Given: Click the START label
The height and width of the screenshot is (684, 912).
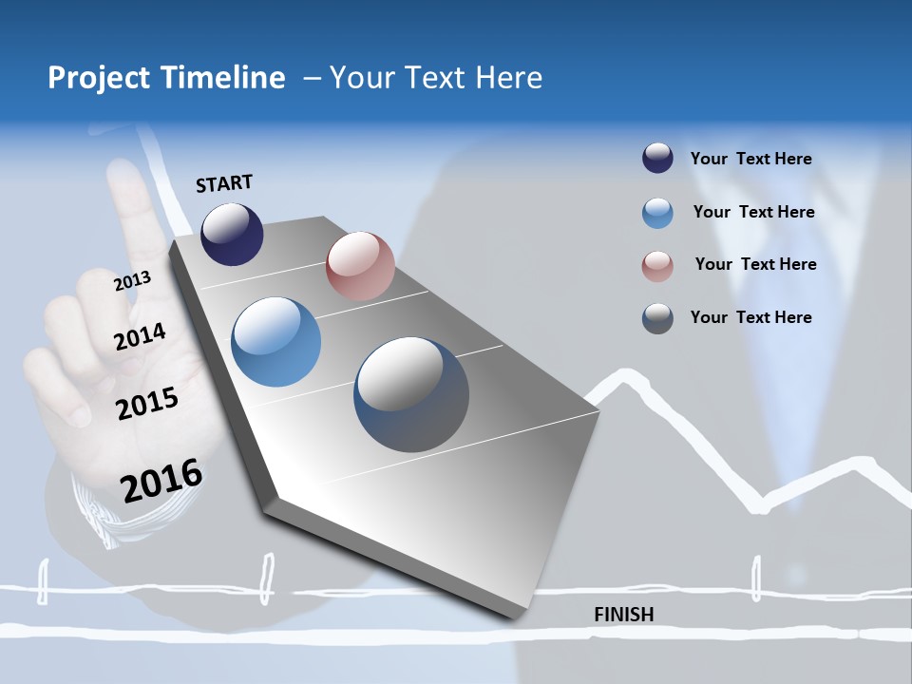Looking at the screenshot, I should coord(224,183).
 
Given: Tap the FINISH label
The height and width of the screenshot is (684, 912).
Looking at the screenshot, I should coord(623,615).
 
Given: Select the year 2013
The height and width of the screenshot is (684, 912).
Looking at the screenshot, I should coord(132,281).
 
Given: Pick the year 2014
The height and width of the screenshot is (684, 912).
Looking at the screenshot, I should coord(140,336).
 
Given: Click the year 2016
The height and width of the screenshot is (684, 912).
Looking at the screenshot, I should coord(161,481).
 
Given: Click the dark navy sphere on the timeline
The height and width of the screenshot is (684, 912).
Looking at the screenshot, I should coord(232,235).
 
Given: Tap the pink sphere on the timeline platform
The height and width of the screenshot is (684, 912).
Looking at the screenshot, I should coord(360,266).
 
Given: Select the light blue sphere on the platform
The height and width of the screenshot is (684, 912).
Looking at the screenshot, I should coord(275,342).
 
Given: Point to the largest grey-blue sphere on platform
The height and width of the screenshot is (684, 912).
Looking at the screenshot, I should coord(411,394).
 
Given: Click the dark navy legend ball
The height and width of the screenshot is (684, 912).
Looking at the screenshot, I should coord(657,159).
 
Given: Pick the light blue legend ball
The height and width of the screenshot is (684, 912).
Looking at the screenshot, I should coord(657,213).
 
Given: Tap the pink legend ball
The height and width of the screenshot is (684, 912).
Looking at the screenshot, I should coord(657,266).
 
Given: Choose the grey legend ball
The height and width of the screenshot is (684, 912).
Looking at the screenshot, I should coord(657,318).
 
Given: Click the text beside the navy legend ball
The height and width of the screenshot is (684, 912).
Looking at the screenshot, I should coord(750,159).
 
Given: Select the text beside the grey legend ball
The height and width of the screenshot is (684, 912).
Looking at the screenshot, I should coord(750,317).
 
